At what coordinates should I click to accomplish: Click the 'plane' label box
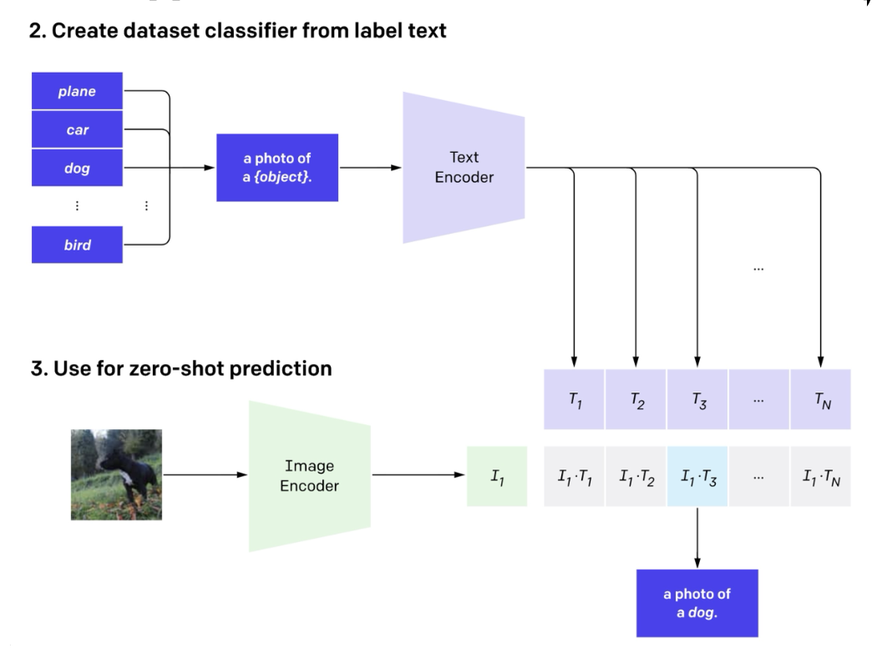[77, 91]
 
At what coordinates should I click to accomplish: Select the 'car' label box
[77, 130]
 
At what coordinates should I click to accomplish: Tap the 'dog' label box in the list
[77, 169]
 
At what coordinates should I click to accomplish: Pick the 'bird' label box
[77, 245]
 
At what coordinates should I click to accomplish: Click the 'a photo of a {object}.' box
[277, 167]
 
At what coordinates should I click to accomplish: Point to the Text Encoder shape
[464, 167]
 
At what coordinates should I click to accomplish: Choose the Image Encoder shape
[309, 474]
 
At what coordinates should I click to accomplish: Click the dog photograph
[116, 474]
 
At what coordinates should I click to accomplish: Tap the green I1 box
[497, 476]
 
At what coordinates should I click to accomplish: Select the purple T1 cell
[574, 399]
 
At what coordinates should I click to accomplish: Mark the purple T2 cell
[636, 399]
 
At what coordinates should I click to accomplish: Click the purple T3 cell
[697, 399]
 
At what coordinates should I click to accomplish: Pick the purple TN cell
[820, 399]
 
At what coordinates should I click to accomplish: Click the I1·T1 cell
[574, 476]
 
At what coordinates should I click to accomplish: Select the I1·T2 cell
[636, 476]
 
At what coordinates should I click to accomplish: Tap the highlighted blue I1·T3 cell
[697, 476]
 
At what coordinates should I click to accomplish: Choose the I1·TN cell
[820, 476]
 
